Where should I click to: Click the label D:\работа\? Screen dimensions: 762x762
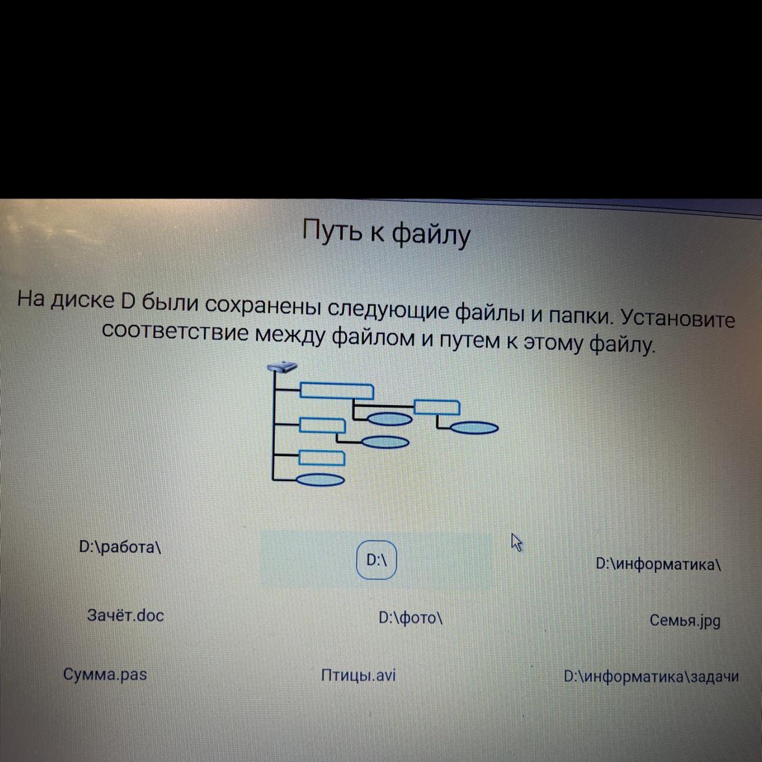[120, 547]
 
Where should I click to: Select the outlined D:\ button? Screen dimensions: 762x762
[376, 560]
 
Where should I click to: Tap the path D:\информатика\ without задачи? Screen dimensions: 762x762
[658, 564]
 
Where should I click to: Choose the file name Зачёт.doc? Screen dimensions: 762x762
[126, 615]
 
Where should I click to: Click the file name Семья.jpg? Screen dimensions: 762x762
[685, 621]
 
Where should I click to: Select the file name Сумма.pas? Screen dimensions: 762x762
[105, 675]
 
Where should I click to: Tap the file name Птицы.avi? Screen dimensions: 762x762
[359, 675]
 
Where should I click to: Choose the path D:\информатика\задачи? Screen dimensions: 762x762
[651, 677]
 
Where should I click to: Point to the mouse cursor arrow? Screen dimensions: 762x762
[516, 542]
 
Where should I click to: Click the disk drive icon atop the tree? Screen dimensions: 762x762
[282, 367]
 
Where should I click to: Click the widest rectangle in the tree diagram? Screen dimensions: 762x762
[337, 391]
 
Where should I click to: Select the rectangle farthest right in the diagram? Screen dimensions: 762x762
[437, 407]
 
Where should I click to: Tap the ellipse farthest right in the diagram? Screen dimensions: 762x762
[474, 428]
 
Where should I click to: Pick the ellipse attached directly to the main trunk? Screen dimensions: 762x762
[320, 479]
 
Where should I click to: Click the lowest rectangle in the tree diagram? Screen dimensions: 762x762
[322, 458]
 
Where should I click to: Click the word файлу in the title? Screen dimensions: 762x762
[432, 234]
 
